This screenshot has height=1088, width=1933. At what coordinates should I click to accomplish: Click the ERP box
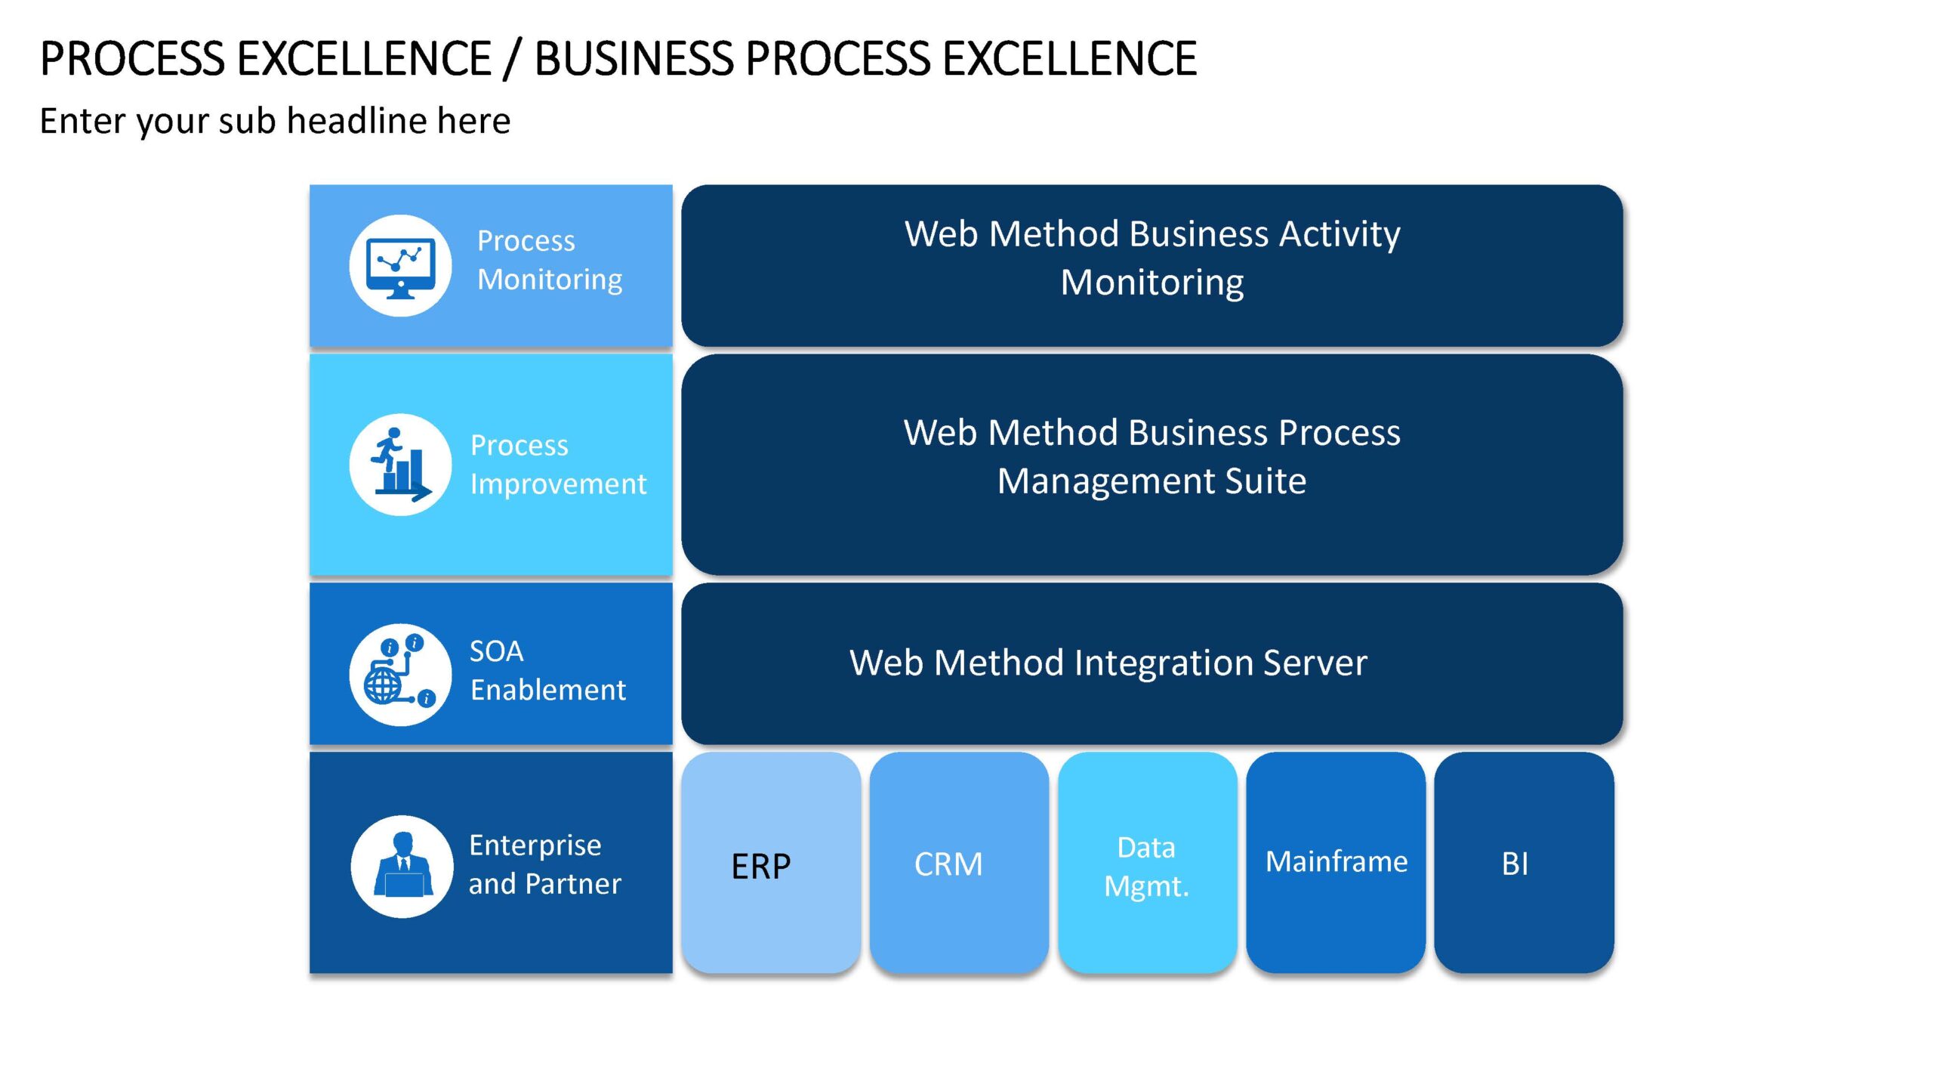pyautogui.click(x=771, y=862)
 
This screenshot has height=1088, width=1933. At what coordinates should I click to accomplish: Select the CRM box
pyautogui.click(x=959, y=862)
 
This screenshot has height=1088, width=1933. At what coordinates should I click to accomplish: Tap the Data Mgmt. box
pyautogui.click(x=1147, y=862)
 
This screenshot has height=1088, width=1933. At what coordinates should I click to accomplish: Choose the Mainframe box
pyautogui.click(x=1336, y=862)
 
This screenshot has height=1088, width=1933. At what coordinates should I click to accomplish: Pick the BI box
pyautogui.click(x=1524, y=862)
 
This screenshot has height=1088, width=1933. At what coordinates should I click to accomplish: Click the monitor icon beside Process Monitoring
pyautogui.click(x=400, y=266)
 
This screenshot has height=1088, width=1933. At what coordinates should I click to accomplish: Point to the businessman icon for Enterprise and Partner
pyautogui.click(x=402, y=867)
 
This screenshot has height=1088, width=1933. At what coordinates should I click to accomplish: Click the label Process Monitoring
pyautogui.click(x=550, y=260)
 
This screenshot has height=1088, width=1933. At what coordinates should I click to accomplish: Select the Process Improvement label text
pyautogui.click(x=558, y=465)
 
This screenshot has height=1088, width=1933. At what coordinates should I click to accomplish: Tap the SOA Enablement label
pyautogui.click(x=547, y=670)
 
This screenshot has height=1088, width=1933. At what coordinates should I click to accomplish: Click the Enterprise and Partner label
pyautogui.click(x=544, y=864)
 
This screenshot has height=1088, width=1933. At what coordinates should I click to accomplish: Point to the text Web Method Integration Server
pyautogui.click(x=1108, y=663)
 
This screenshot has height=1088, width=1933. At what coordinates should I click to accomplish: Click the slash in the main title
pyautogui.click(x=512, y=59)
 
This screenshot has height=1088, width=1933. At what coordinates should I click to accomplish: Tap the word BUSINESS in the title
pyautogui.click(x=633, y=58)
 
